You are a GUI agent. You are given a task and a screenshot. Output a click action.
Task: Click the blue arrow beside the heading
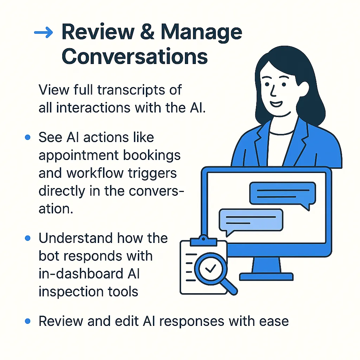point(43,33)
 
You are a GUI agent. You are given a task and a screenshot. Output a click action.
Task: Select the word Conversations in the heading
point(134,57)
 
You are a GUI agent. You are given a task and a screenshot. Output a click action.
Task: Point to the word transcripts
point(140,90)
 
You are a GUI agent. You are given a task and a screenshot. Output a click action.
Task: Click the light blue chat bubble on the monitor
point(250,221)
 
